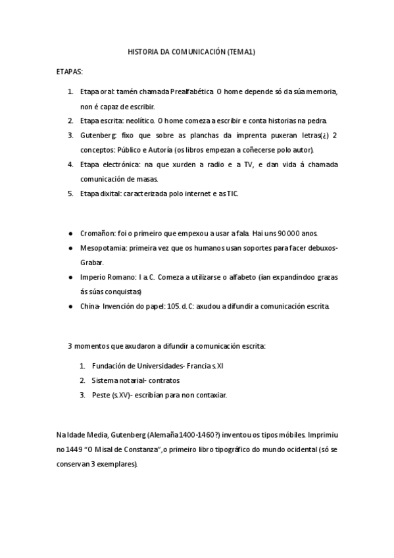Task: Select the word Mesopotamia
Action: [x=104, y=247]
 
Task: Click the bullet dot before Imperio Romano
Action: [x=70, y=277]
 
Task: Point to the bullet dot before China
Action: [x=70, y=307]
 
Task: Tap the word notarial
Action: [x=129, y=380]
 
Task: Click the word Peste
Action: [x=102, y=395]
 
